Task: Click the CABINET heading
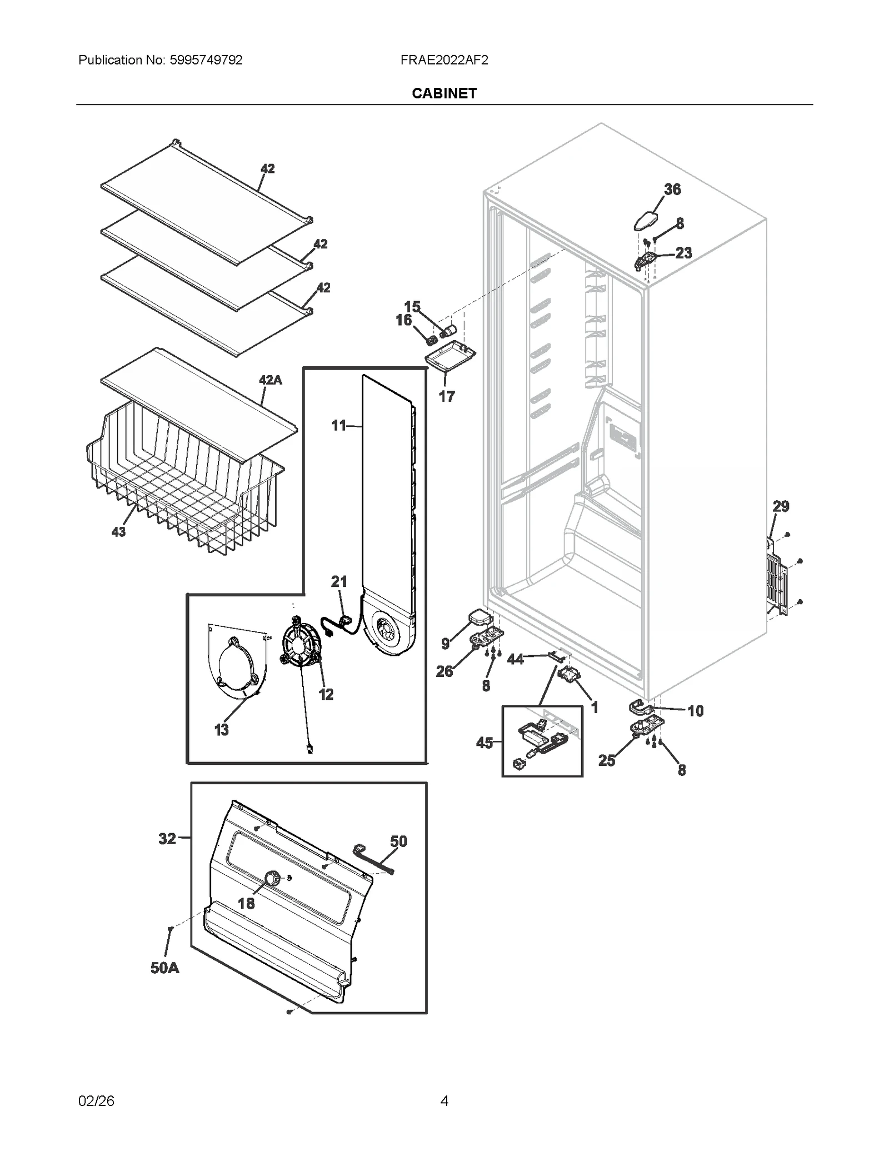click(444, 93)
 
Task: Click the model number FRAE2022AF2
click(444, 60)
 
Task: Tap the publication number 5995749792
click(205, 60)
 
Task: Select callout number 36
click(672, 190)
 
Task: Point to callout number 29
click(781, 506)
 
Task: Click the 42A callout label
click(270, 380)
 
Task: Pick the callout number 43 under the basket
click(118, 532)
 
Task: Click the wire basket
click(183, 489)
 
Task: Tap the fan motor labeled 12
click(302, 645)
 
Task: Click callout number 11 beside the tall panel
click(338, 426)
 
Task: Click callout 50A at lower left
click(164, 968)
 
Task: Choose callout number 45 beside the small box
click(485, 743)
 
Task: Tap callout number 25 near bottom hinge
click(607, 760)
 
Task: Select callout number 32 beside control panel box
click(167, 839)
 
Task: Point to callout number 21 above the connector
click(339, 581)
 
